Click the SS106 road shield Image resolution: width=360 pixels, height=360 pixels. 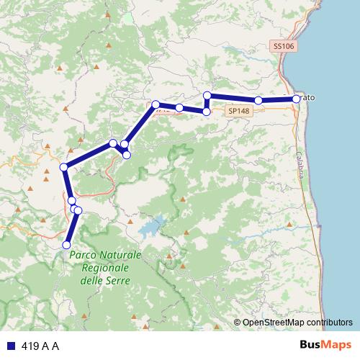pyautogui.click(x=284, y=46)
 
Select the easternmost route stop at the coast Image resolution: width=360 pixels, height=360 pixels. pyautogui.click(x=297, y=98)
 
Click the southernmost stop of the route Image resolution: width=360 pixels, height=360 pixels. pyautogui.click(x=67, y=245)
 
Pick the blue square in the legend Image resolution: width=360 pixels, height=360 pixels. pyautogui.click(x=10, y=346)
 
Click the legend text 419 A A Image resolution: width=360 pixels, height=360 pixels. pyautogui.click(x=40, y=346)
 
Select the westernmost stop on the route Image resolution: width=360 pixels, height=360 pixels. pyautogui.click(x=63, y=167)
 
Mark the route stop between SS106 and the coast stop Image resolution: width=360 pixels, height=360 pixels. pyautogui.click(x=258, y=99)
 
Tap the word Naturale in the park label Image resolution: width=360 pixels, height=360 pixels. pyautogui.click(x=120, y=256)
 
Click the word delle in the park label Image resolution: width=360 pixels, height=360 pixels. pyautogui.click(x=90, y=280)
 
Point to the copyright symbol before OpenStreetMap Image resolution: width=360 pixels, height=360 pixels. pyautogui.click(x=238, y=323)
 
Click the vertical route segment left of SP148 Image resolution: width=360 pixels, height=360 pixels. pyautogui.click(x=207, y=104)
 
